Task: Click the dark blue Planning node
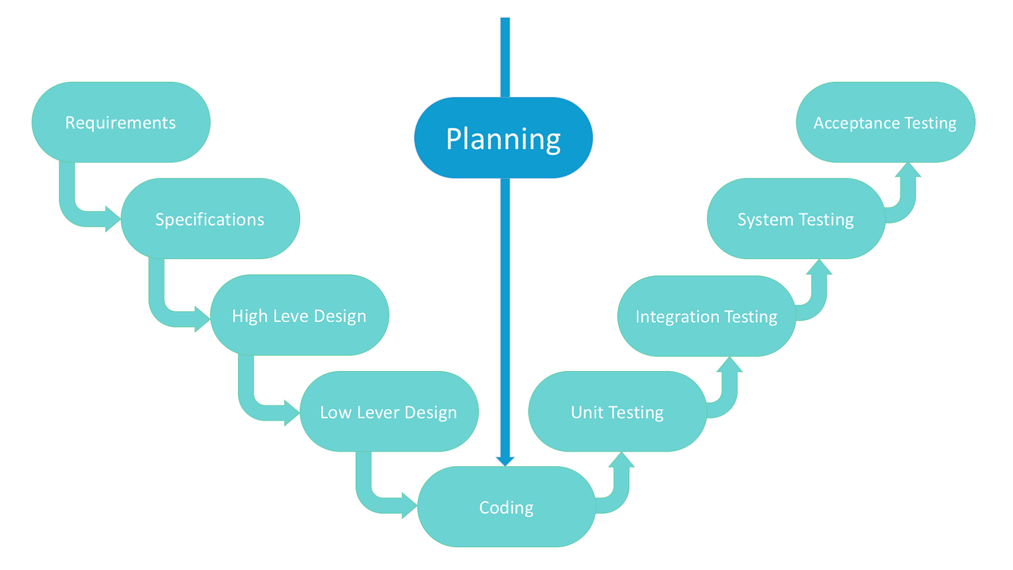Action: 503,137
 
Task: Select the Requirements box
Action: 121,122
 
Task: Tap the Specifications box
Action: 210,218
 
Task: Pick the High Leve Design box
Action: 299,315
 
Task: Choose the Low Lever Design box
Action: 389,411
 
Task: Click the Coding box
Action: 507,507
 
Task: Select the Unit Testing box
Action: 617,411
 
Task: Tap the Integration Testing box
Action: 707,316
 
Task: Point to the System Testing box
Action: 796,218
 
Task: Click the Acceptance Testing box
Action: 886,122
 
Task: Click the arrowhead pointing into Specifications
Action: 113,219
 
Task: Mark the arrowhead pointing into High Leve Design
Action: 203,319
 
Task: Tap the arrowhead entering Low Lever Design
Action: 292,412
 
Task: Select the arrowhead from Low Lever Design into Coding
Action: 410,505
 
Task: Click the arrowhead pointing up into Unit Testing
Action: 621,459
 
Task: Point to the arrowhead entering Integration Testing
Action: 729,364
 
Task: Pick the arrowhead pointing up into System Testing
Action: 819,267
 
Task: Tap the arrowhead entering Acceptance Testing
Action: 908,170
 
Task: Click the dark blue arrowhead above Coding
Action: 505,461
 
